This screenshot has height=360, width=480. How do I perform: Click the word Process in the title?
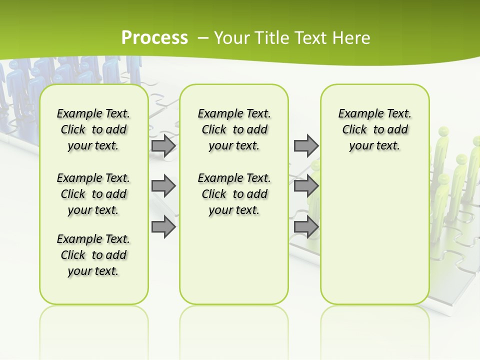[154, 38]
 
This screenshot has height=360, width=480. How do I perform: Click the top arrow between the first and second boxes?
[163, 145]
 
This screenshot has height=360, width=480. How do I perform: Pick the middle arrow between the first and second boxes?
[163, 186]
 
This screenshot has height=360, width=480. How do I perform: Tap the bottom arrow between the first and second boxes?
[163, 227]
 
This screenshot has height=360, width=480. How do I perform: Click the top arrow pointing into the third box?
[306, 145]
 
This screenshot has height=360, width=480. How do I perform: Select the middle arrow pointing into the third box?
[306, 186]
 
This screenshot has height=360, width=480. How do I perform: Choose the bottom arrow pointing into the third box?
[306, 227]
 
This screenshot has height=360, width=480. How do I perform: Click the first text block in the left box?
[93, 129]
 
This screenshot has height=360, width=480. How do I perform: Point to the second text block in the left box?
[93, 194]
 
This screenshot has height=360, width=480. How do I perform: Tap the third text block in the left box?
[93, 255]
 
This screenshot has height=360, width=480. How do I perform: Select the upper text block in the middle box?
[234, 129]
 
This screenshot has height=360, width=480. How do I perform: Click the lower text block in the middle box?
[234, 194]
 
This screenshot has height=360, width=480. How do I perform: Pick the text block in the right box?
[374, 129]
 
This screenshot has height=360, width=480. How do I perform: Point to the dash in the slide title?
[203, 38]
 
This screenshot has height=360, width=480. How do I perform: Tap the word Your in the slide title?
[232, 38]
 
